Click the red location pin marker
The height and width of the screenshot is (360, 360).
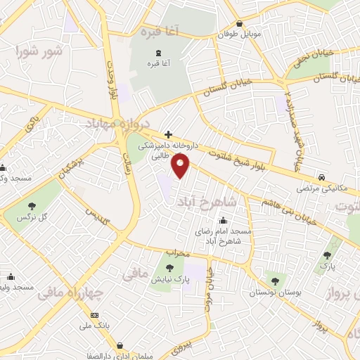181,166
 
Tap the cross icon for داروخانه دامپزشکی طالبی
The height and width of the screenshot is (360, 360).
168,134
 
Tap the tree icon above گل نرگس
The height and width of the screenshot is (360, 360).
32,206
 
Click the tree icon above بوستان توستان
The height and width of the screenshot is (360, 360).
274,281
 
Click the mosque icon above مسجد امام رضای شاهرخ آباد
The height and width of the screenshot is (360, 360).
224,219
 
